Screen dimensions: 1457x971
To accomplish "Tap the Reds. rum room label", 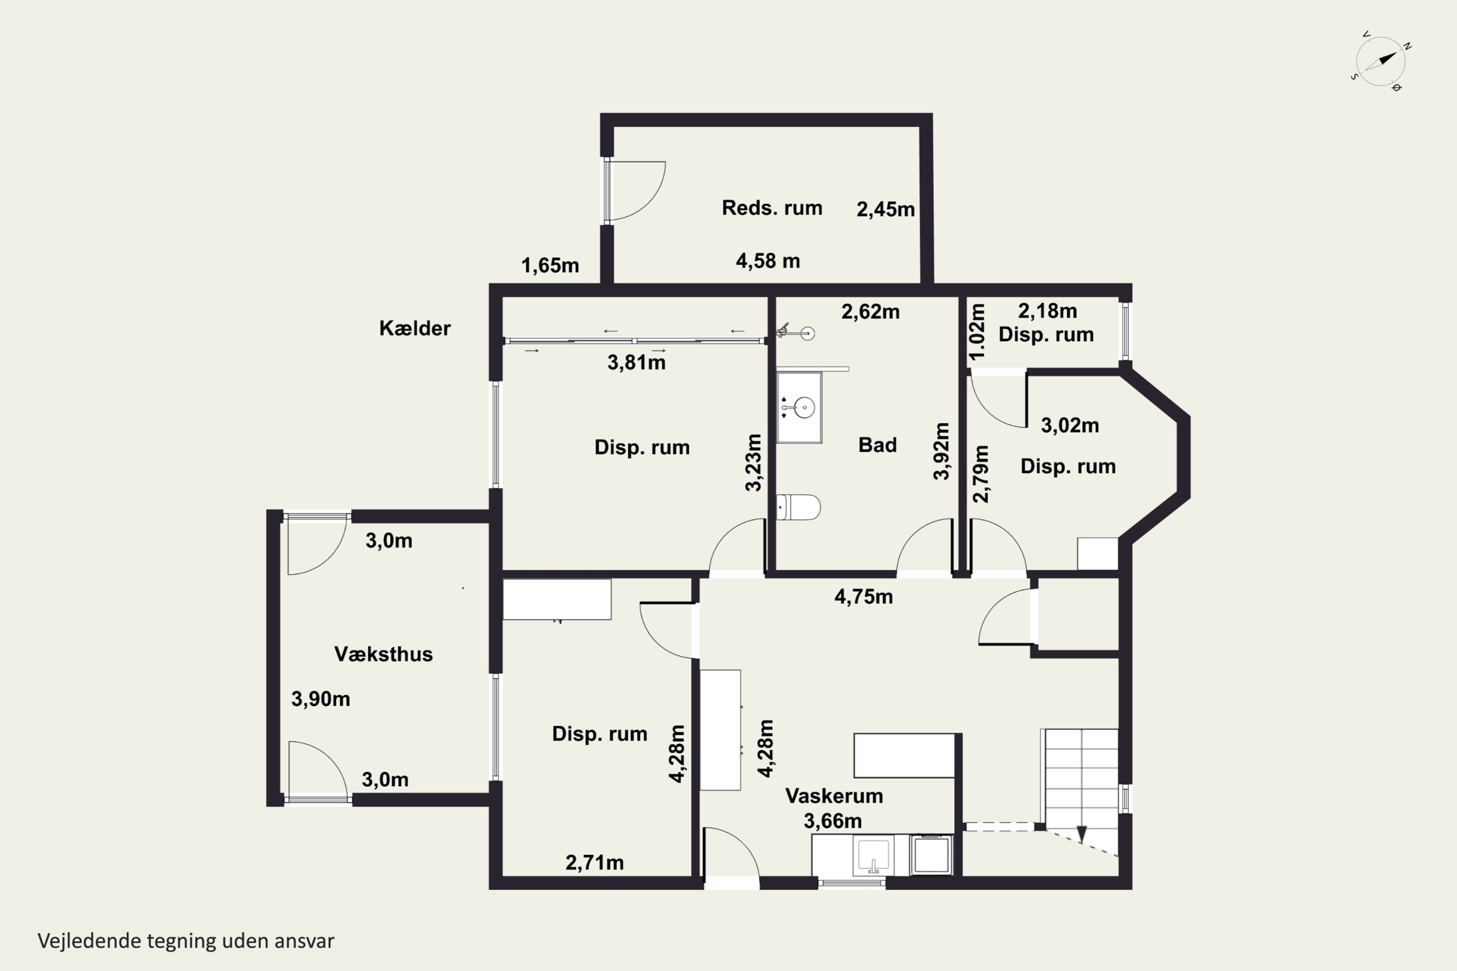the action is tap(772, 207).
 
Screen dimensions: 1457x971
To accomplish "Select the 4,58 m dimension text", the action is tap(767, 261).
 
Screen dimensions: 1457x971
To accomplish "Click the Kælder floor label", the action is tap(414, 328).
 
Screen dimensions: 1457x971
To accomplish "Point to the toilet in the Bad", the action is tap(798, 507).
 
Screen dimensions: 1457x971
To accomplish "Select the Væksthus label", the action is tap(384, 654).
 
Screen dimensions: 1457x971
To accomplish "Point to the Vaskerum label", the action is tap(834, 795).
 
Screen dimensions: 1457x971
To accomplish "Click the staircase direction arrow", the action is tap(1082, 834).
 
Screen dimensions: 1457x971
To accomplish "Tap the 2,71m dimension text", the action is tap(594, 862).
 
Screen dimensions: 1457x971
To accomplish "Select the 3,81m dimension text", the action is tap(636, 362).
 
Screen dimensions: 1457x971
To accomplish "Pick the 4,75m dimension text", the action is tap(864, 596).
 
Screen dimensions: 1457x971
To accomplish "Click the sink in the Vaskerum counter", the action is tap(873, 855).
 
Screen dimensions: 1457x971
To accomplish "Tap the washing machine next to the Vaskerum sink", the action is tap(932, 855).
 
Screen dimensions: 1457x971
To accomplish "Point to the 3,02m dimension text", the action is tap(1070, 425).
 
